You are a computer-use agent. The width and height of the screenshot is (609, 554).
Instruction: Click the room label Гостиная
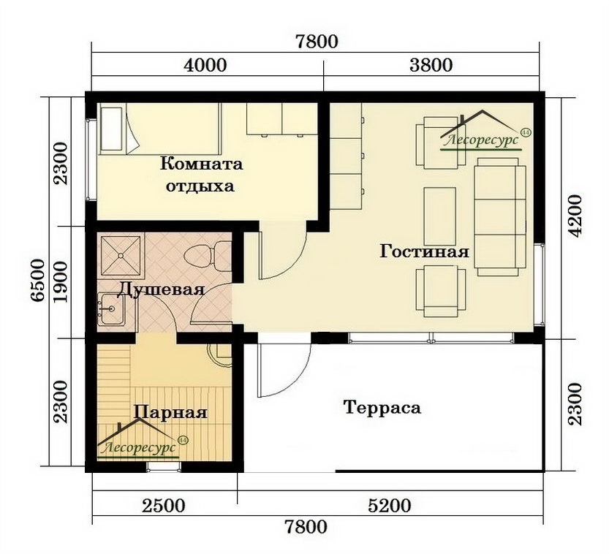pyautogui.click(x=424, y=251)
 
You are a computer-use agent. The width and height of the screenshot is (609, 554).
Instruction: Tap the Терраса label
pyautogui.click(x=382, y=408)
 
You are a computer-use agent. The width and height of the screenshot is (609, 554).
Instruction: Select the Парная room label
pyautogui.click(x=170, y=412)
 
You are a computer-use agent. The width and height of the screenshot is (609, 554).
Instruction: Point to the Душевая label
pyautogui.click(x=161, y=290)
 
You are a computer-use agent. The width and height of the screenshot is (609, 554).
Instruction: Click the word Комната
pyautogui.click(x=202, y=164)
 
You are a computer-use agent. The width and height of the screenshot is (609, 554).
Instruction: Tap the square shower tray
pyautogui.click(x=121, y=255)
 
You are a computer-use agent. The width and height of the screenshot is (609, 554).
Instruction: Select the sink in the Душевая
pyautogui.click(x=110, y=309)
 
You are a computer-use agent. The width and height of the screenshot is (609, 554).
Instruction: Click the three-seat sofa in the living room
pyautogui.click(x=500, y=216)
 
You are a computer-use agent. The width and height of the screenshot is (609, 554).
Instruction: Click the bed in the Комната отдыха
pyautogui.click(x=159, y=129)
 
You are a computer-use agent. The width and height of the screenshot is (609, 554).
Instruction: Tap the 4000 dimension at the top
pyautogui.click(x=205, y=65)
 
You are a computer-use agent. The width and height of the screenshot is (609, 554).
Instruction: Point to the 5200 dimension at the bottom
pyautogui.click(x=389, y=506)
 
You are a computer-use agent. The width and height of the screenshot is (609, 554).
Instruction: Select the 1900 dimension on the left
pyautogui.click(x=61, y=281)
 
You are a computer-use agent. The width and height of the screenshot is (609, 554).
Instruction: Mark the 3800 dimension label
pyautogui.click(x=431, y=65)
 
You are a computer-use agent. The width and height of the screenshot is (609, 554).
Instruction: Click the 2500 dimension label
pyautogui.click(x=163, y=506)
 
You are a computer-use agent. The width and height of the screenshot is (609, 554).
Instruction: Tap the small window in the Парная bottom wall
pyautogui.click(x=164, y=467)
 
